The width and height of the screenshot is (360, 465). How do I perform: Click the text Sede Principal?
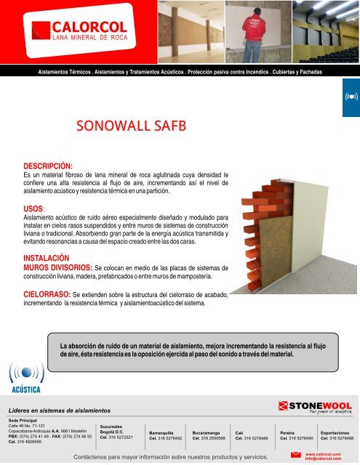point(23,421)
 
